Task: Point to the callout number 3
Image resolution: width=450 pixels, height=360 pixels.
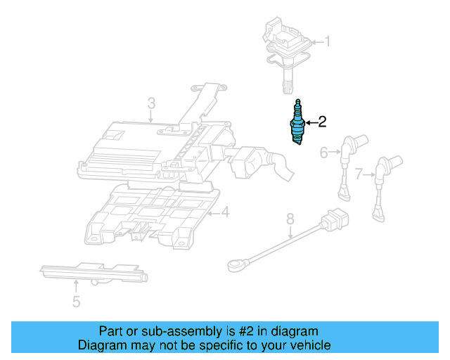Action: [x=151, y=105]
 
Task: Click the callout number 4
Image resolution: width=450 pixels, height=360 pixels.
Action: [x=224, y=212]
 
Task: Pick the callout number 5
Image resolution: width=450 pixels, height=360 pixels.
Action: [x=76, y=302]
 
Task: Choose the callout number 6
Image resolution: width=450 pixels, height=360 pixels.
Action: [x=324, y=152]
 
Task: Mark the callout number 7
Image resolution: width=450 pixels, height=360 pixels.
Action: [x=359, y=173]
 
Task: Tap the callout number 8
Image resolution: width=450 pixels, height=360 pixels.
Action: [x=289, y=221]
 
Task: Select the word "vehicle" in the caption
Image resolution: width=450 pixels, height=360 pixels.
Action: [x=308, y=345]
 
